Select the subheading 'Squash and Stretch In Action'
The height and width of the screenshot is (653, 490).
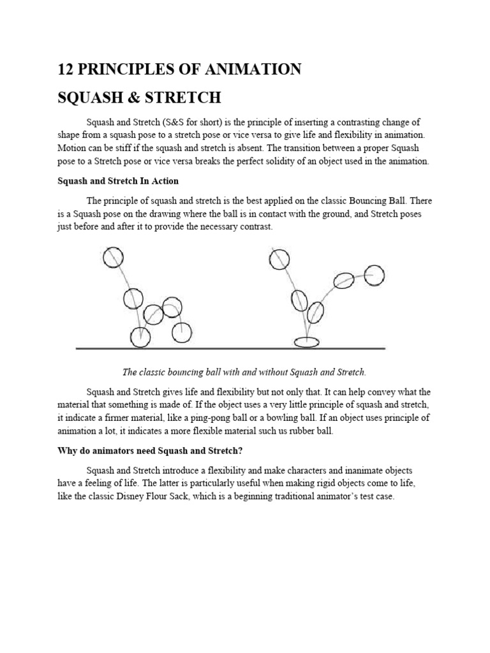tap(118, 181)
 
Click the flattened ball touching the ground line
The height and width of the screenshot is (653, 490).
tap(306, 342)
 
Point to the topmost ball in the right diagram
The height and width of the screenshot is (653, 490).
tap(279, 258)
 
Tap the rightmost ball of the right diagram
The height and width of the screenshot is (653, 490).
tap(375, 275)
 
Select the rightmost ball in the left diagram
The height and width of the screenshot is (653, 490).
tap(182, 332)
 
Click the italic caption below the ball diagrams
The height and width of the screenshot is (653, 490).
tap(244, 372)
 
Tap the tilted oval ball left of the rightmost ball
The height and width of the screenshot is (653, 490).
tap(345, 280)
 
